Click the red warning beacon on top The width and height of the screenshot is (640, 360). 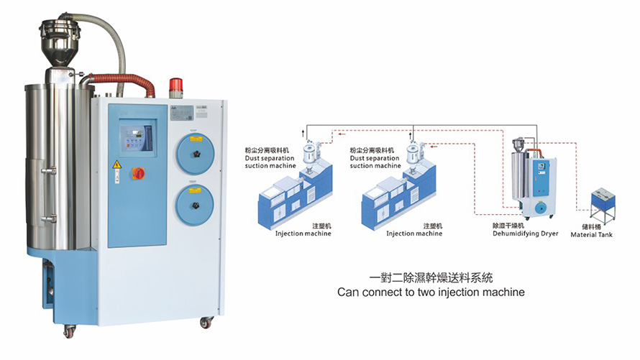coord(177,87)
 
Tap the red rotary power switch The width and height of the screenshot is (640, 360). coord(139,172)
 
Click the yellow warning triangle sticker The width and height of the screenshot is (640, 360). coord(117,164)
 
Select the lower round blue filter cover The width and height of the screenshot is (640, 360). coord(193,205)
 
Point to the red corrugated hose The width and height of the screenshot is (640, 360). coord(122,80)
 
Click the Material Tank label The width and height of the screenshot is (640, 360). coord(591,234)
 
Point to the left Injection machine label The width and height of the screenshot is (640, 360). coord(303,233)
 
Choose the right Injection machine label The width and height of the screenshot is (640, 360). coord(413,233)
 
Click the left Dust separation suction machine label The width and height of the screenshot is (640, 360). coord(270,162)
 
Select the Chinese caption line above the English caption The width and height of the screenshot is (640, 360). coord(431,277)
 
